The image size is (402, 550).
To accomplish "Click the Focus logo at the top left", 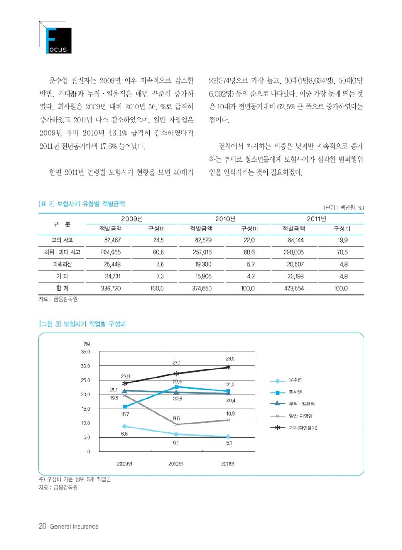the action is pyautogui.click(x=56, y=38).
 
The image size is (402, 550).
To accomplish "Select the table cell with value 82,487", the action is pyautogui.click(x=112, y=240).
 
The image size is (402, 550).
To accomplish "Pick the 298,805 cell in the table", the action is pyautogui.click(x=293, y=252).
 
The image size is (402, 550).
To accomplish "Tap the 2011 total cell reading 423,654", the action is pyautogui.click(x=294, y=288).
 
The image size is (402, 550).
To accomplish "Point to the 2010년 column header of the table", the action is pyautogui.click(x=226, y=219).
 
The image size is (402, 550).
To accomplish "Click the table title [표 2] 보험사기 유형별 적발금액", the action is pyautogui.click(x=82, y=204).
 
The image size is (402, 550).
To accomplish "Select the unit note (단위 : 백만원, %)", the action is pyautogui.click(x=343, y=207).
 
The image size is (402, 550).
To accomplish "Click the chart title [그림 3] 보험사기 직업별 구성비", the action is pyautogui.click(x=82, y=324).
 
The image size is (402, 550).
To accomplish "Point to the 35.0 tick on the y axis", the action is pyautogui.click(x=85, y=352).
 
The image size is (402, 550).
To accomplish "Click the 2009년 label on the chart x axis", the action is pyautogui.click(x=125, y=464).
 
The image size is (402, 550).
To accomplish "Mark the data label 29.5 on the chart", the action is pyautogui.click(x=230, y=358).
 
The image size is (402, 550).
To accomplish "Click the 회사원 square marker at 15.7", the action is pyautogui.click(x=125, y=407).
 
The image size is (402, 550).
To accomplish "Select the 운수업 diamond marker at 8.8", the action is pyautogui.click(x=125, y=427).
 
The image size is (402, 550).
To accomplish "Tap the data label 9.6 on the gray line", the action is pyautogui.click(x=176, y=418).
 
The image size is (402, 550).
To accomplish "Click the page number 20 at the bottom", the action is pyautogui.click(x=42, y=526).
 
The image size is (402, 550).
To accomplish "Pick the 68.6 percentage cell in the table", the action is pyautogui.click(x=249, y=252).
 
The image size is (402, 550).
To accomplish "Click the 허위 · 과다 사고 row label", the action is pyautogui.click(x=63, y=252).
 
